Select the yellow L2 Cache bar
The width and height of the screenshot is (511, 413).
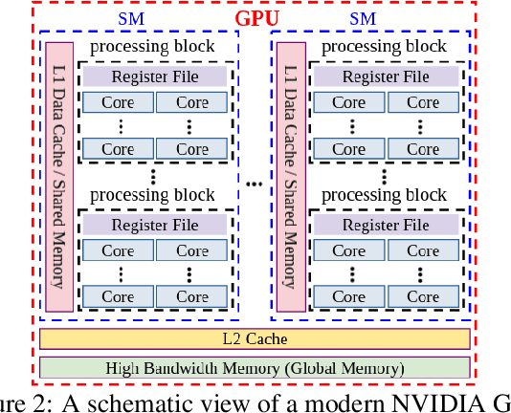pos(255,338)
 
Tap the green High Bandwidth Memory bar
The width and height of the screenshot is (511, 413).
pos(255,367)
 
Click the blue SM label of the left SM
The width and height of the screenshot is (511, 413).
pos(133,19)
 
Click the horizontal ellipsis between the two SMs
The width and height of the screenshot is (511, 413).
pos(255,181)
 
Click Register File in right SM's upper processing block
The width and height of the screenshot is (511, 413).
pos(386,76)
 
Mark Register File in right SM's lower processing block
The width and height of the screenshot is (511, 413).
pos(386,225)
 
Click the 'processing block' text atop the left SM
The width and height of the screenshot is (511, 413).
pos(153,47)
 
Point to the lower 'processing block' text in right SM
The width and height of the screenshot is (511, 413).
pos(384,195)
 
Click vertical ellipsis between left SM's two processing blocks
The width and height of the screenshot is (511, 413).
pos(154,177)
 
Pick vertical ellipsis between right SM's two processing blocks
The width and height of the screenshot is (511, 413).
pos(385,177)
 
